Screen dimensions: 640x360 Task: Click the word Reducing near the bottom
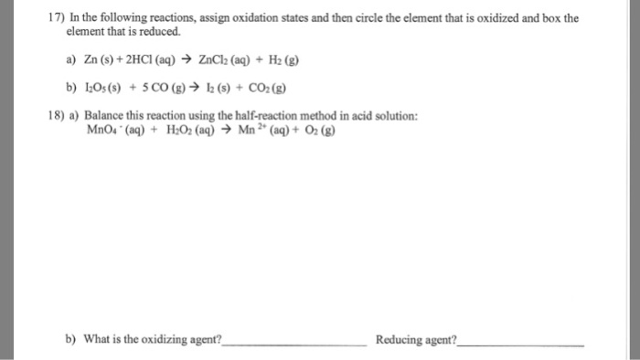pyautogui.click(x=399, y=340)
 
